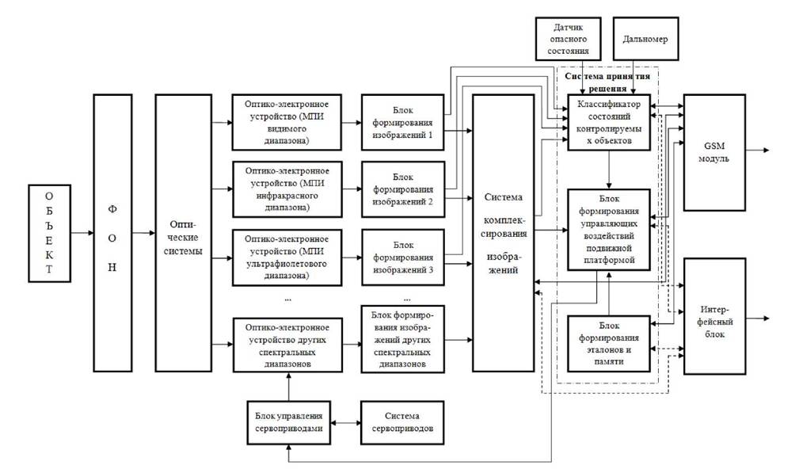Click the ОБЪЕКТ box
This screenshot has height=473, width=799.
click(49, 234)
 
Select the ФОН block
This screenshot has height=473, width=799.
click(112, 233)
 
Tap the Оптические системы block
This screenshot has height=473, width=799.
click(184, 233)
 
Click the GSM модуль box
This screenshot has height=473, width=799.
click(714, 152)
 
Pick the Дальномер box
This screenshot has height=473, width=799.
click(645, 39)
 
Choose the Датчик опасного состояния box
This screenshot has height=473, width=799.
click(568, 39)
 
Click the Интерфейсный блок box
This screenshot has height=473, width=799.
click(714, 317)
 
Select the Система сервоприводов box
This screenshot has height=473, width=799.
click(402, 422)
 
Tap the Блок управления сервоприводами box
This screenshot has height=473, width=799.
click(288, 422)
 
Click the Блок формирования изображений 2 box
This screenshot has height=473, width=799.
click(402, 189)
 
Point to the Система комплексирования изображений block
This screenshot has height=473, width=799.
click(504, 233)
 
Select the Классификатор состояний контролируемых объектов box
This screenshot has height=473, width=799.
click(609, 122)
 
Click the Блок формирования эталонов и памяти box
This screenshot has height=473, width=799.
click(609, 344)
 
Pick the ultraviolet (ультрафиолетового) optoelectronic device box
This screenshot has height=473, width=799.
click(287, 257)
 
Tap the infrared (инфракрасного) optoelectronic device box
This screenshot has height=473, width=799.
click(287, 189)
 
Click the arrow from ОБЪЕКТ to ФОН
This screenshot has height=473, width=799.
click(82, 233)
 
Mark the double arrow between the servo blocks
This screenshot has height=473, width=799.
click(345, 422)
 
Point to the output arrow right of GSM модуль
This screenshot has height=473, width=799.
click(757, 150)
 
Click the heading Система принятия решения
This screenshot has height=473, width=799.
click(607, 82)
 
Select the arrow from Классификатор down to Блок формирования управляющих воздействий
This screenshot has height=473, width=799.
click(609, 170)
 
